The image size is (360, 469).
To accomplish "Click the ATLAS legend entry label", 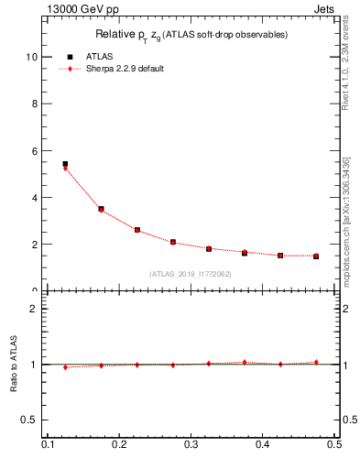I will [99, 56].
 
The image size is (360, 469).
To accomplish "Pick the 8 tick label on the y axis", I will [34, 104].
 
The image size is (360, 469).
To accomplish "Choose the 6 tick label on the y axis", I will [34, 150].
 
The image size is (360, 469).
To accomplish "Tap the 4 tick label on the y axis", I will [34, 198].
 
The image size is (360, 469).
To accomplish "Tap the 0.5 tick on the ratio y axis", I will [30, 420].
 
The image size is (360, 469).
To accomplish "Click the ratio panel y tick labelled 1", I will [34, 365].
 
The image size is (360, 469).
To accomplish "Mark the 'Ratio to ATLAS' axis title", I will [15, 365].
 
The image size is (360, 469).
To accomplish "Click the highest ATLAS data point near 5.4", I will [65, 164].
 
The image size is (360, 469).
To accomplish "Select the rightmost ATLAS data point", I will [316, 256].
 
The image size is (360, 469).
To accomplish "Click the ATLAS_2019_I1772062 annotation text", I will [191, 274].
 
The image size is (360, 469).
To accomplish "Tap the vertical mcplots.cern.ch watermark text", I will [345, 220].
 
